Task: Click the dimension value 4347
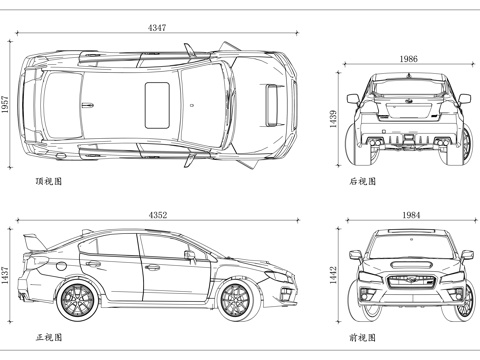coord(157,28)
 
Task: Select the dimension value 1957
coord(5,104)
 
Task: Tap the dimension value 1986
coord(408,59)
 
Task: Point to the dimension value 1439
coord(333,119)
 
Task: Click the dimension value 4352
coord(158,215)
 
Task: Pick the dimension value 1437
coord(5,275)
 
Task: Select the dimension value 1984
coord(411,215)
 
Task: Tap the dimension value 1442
coord(333,275)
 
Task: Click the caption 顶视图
coord(49,181)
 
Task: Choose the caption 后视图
coord(363,181)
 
